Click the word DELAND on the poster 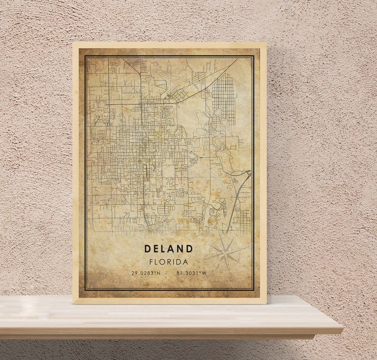click(x=169, y=248)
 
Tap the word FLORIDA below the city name click(x=169, y=262)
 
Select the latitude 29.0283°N click(x=146, y=273)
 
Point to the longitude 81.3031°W click(x=191, y=273)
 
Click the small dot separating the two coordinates click(x=169, y=273)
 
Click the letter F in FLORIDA click(x=151, y=262)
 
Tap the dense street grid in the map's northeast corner click(x=224, y=97)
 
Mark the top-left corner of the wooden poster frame click(x=73, y=43)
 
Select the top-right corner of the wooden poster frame click(x=266, y=43)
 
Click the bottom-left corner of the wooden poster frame click(x=73, y=303)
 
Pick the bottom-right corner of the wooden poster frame click(x=266, y=303)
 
